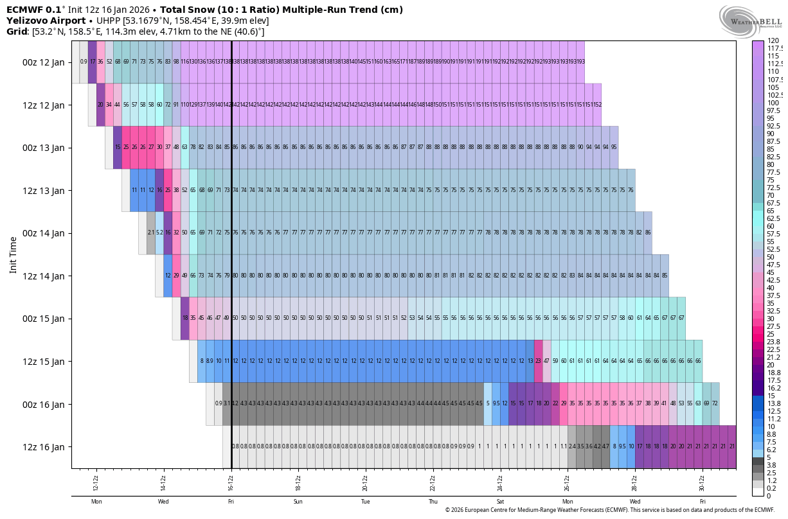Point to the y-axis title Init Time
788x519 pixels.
coord(13,254)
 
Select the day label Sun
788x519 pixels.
coord(298,502)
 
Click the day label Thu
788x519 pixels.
coord(433,502)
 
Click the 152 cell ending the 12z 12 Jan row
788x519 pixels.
coord(597,105)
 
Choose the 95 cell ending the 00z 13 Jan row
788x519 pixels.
coord(614,148)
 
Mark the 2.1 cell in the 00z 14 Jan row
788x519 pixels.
coord(151,233)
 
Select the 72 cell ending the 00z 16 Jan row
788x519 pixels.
coord(715,404)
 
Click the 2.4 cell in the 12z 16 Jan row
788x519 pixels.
coord(572,446)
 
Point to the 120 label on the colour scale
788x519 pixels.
coord(774,41)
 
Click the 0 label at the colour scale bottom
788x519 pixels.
coord(770,496)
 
